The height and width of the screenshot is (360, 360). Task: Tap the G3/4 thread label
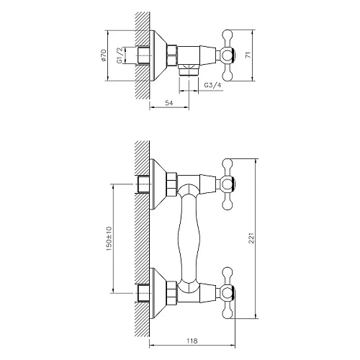pyautogui.click(x=212, y=86)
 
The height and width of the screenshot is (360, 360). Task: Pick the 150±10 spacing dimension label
pyautogui.click(x=108, y=238)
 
